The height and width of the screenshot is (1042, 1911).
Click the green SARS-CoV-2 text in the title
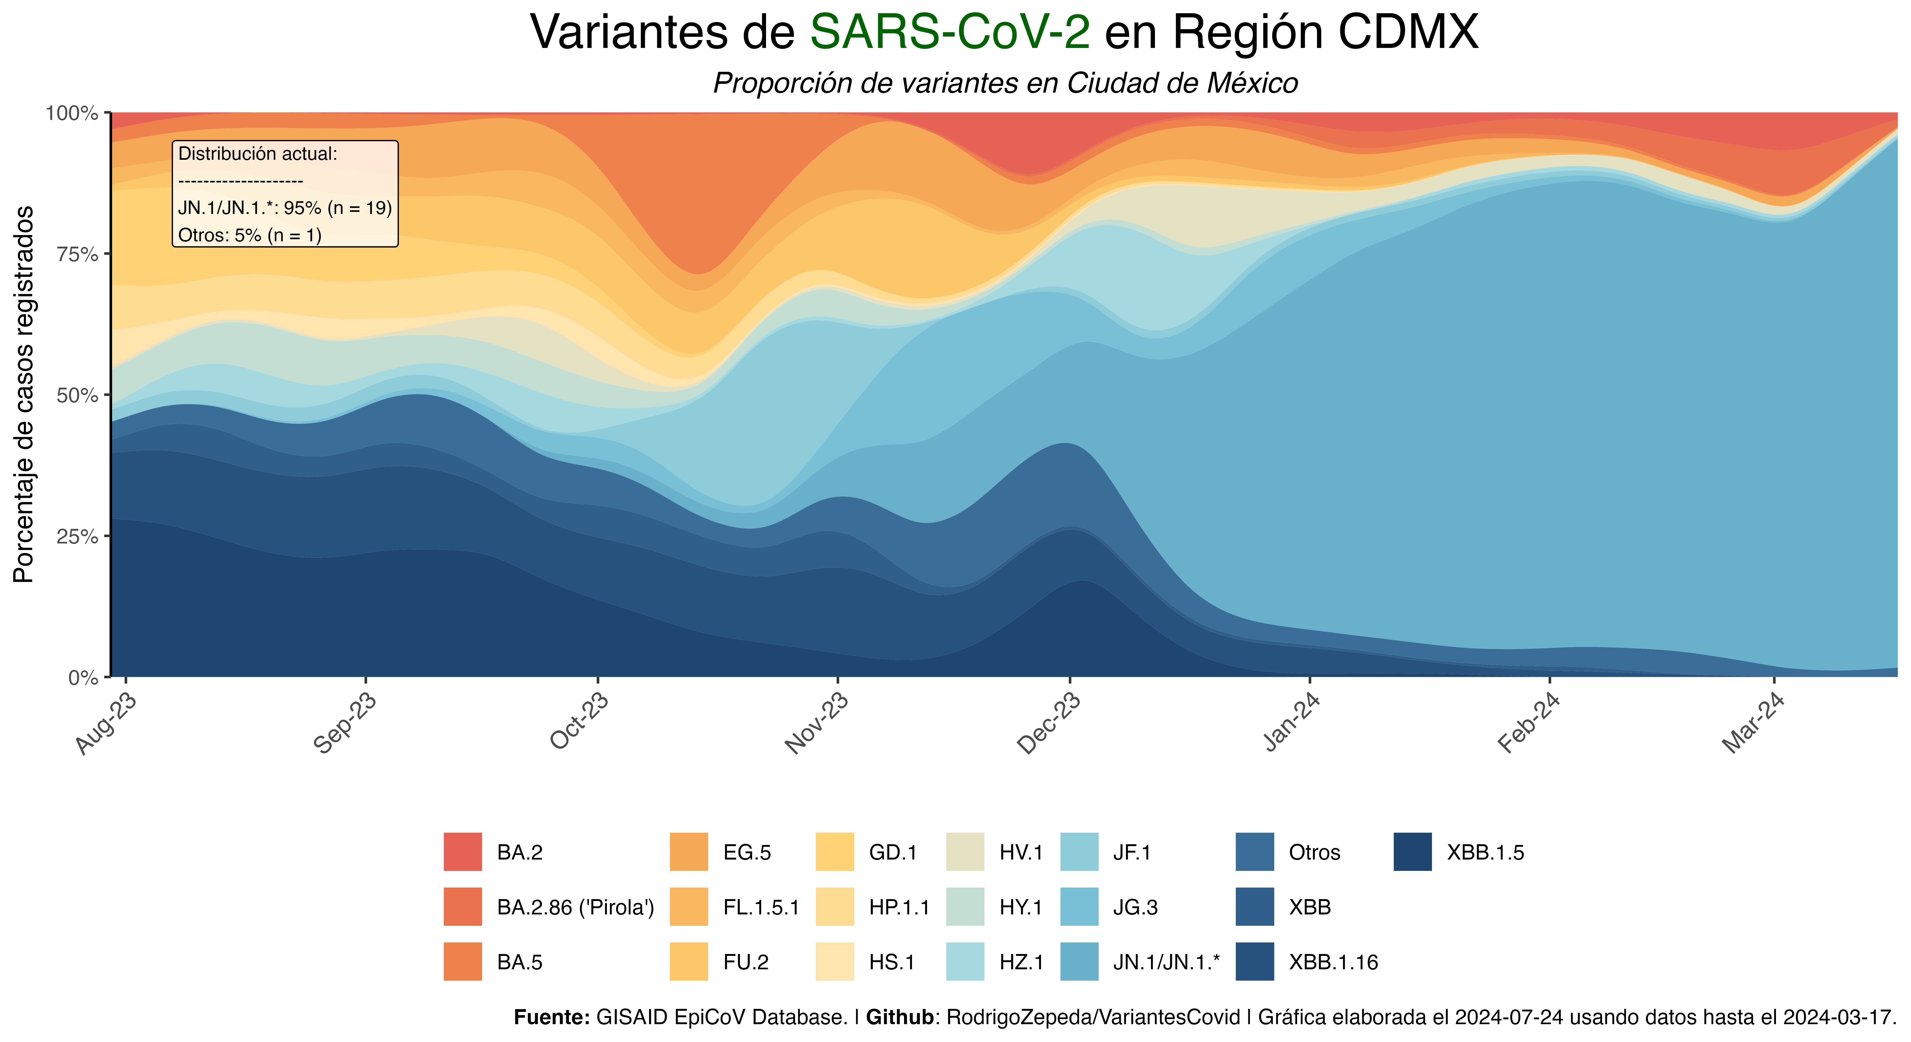pyautogui.click(x=949, y=33)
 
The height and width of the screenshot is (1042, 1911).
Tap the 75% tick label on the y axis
pyautogui.click(x=77, y=254)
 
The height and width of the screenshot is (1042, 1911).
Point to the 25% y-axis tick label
pyautogui.click(x=77, y=536)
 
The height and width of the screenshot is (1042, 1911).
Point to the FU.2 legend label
pyautogui.click(x=746, y=962)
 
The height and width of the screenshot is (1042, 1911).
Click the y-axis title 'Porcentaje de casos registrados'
pyautogui.click(x=24, y=395)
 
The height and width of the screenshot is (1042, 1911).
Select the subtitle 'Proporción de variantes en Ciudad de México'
pyautogui.click(x=1005, y=83)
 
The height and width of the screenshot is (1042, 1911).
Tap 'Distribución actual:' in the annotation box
pyautogui.click(x=257, y=154)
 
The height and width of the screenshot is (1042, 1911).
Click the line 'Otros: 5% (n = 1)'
pyautogui.click(x=249, y=235)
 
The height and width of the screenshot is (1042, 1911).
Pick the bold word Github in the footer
pyautogui.click(x=899, y=1017)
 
